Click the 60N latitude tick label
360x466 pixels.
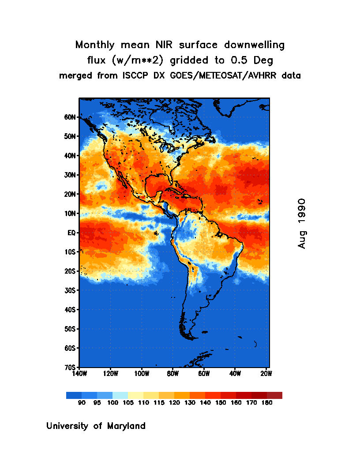point(71,117)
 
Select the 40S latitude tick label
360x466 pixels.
point(71,310)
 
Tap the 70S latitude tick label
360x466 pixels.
point(71,367)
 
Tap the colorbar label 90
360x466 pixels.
point(82,402)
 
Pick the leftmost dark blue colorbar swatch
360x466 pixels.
point(74,395)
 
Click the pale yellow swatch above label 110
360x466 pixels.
point(135,395)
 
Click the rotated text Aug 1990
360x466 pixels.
point(302,223)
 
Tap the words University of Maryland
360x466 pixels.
point(96,426)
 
